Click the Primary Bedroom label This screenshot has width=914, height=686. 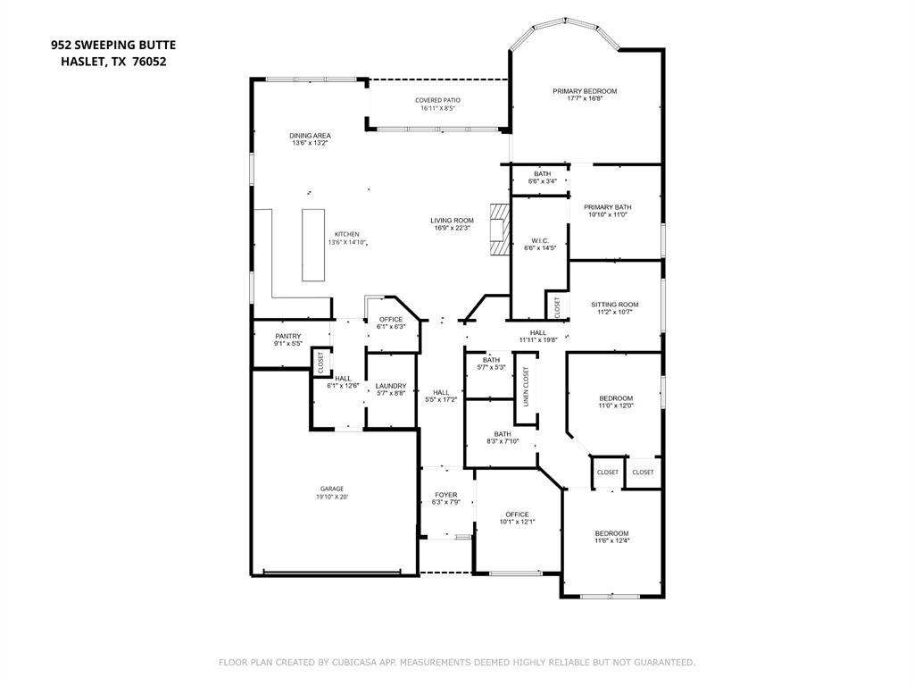click(585, 91)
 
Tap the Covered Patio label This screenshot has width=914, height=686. click(437, 100)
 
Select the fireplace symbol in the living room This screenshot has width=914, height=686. click(497, 230)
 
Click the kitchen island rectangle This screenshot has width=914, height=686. click(313, 245)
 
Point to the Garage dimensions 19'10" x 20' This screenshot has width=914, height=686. click(331, 497)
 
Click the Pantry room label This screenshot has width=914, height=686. click(287, 336)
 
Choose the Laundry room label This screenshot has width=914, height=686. click(391, 386)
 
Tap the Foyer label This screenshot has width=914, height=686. click(445, 495)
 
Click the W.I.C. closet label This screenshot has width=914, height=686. click(539, 240)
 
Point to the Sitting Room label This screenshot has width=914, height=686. click(615, 305)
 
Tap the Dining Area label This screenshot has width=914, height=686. click(310, 136)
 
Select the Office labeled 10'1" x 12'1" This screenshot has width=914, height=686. click(517, 514)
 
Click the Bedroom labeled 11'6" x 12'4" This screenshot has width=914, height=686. click(611, 533)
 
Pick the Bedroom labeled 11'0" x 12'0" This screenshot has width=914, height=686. click(615, 398)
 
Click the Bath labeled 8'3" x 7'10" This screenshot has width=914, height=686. click(503, 434)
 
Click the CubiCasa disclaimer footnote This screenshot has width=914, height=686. click(457, 662)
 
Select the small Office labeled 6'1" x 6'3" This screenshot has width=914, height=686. click(391, 319)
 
